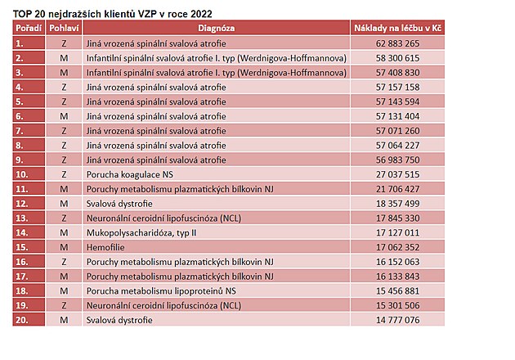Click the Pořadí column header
pyautogui.click(x=29, y=28)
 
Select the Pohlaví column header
pyautogui.click(x=64, y=28)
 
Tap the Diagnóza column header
pyautogui.click(x=216, y=28)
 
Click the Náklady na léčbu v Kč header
pyautogui.click(x=397, y=28)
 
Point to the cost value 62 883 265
pyautogui.click(x=398, y=43)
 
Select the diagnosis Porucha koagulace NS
pyautogui.click(x=129, y=174)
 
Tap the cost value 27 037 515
pyautogui.click(x=398, y=174)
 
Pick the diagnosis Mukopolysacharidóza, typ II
pyautogui.click(x=141, y=232)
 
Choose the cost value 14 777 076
pyautogui.click(x=398, y=320)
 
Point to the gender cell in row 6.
pyautogui.click(x=64, y=116)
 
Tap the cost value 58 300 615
pyautogui.click(x=398, y=58)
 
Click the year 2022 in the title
pyautogui.click(x=201, y=14)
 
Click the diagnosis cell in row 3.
pyautogui.click(x=217, y=73)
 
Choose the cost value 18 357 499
pyautogui.click(x=398, y=204)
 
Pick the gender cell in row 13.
pyautogui.click(x=64, y=218)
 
